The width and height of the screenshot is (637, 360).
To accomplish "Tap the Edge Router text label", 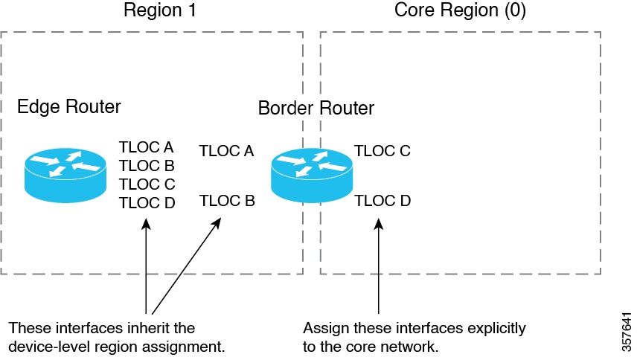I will click(68, 107).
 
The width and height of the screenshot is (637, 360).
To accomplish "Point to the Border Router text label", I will click(316, 109).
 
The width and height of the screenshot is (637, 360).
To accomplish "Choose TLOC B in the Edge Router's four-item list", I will click(147, 165).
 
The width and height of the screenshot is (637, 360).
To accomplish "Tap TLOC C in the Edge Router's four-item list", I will click(147, 184).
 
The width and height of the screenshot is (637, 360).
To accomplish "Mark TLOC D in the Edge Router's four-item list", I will click(147, 202).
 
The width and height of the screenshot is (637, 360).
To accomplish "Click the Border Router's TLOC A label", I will click(227, 152).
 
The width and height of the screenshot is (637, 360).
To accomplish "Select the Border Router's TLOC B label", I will click(227, 201).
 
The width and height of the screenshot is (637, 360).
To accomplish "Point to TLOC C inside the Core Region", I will click(382, 152).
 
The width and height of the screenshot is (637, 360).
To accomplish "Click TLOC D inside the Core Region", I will click(382, 201).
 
